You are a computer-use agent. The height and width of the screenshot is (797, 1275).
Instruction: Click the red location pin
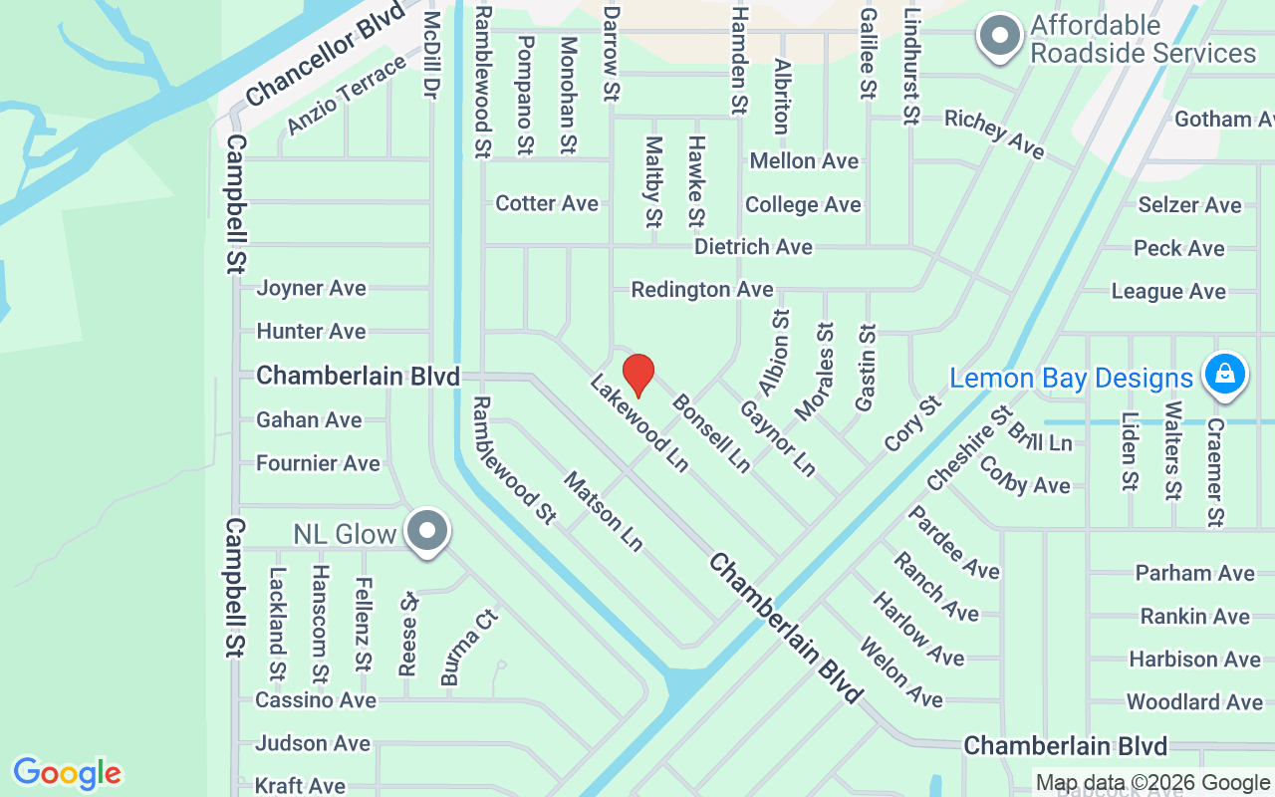638,375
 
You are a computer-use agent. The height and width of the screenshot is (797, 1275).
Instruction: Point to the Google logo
67,773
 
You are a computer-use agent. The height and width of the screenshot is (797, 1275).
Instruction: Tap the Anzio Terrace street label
347,96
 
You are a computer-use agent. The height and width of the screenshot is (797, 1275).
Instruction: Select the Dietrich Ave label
753,246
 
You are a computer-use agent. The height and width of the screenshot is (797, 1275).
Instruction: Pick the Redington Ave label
702,289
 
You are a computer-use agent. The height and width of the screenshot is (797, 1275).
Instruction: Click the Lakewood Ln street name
638,423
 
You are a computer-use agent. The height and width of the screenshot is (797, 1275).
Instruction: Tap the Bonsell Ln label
711,433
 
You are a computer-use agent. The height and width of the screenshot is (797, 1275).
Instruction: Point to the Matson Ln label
604,511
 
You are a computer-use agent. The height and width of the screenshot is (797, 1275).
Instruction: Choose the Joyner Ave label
312,288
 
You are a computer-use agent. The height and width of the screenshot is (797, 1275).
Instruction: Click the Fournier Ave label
318,463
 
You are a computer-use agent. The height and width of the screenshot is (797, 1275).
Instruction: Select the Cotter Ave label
547,203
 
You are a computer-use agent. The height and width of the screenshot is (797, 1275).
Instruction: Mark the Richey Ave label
994,133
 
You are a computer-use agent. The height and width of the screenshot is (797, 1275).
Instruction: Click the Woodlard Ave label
1194,702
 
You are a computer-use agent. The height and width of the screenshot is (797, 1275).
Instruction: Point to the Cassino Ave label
316,700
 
